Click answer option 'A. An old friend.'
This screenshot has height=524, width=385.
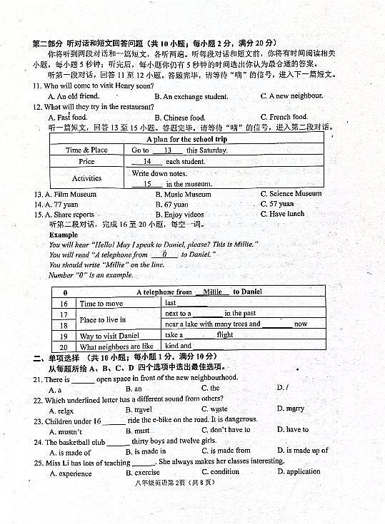pyautogui.click(x=73, y=96)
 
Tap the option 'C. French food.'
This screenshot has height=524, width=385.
pyautogui.click(x=284, y=117)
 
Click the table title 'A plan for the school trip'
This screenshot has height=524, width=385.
pyautogui.click(x=188, y=140)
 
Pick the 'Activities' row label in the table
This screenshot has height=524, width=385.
pyautogui.click(x=86, y=178)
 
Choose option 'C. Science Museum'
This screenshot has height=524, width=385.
pyautogui.click(x=291, y=194)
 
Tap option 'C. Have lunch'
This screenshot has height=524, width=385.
pyautogui.click(x=282, y=214)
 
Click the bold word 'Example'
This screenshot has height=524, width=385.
pyautogui.click(x=64, y=235)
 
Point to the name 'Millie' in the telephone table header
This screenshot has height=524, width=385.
pyautogui.click(x=212, y=292)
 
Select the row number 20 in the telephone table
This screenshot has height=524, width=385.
pyautogui.click(x=64, y=347)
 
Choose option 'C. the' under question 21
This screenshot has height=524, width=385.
pyautogui.click(x=210, y=389)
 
